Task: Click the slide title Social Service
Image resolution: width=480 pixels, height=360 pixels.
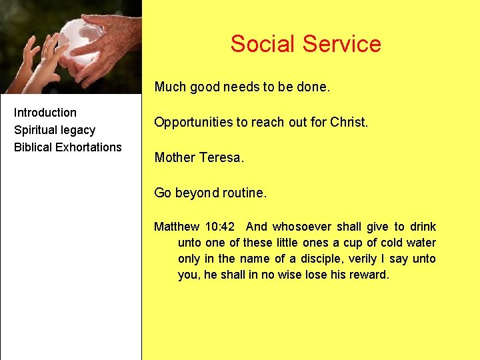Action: coord(305,44)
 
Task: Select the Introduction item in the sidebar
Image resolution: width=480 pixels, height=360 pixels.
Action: coord(45,113)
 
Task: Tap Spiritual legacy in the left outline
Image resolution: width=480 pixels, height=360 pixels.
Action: coord(55,130)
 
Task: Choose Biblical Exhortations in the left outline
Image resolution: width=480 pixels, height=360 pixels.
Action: coord(68,147)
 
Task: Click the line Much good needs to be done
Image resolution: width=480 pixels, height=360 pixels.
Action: coord(242,87)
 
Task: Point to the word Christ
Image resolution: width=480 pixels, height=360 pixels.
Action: coord(348,123)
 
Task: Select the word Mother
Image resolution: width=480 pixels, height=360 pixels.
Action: coord(175,158)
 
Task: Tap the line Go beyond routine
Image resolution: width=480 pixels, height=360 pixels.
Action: coord(210,193)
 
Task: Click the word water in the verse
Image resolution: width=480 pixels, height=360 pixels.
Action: coord(421,243)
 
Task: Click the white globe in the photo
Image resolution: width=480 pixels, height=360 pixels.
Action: coord(78,40)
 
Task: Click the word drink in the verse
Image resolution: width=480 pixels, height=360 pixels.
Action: coord(423,227)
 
